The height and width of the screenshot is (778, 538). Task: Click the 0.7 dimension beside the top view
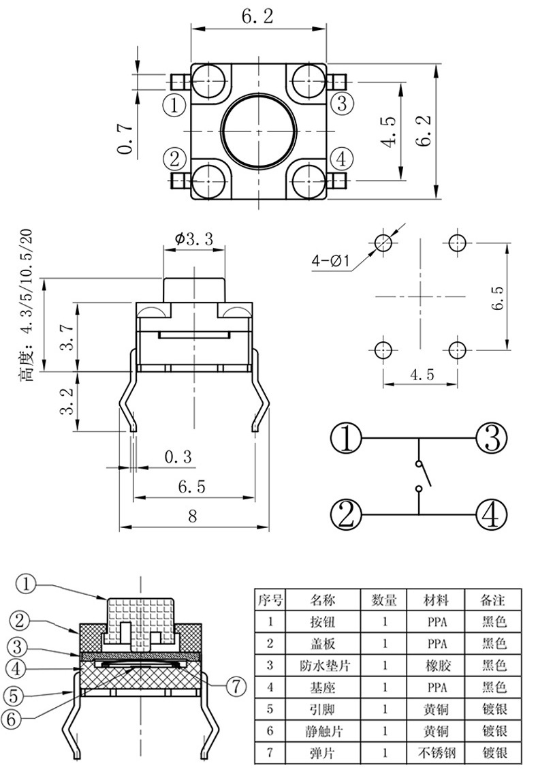[x=125, y=138]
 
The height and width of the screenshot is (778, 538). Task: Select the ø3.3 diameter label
[x=193, y=238]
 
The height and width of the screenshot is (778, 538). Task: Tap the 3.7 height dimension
[x=67, y=337]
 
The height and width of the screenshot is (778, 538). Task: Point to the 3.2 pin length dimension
[x=67, y=401]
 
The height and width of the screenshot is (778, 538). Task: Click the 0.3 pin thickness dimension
[x=178, y=456]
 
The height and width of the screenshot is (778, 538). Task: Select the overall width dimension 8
[x=193, y=517]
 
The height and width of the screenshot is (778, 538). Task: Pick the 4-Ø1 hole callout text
[x=330, y=261]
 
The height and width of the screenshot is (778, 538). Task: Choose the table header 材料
[x=435, y=600]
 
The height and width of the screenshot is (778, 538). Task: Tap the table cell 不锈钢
[x=435, y=753]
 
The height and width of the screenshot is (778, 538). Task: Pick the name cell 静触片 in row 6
[x=323, y=732]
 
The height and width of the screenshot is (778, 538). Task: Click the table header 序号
[x=270, y=600]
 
